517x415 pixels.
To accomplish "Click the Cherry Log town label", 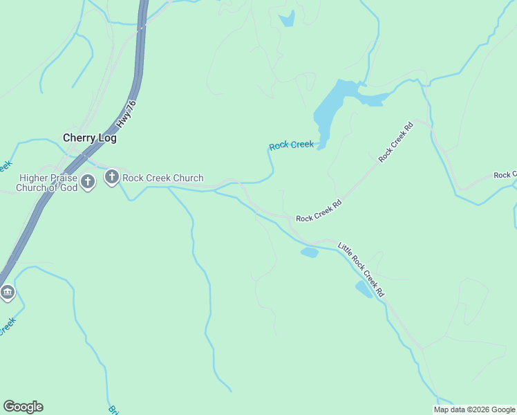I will point(90,138).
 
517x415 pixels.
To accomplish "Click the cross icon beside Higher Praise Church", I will point(87,183).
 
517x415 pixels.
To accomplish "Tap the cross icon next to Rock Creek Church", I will point(112,178).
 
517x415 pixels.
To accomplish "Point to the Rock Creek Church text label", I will point(163,178).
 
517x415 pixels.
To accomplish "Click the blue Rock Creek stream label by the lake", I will point(291,145).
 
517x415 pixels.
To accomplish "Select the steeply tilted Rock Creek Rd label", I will point(396,142).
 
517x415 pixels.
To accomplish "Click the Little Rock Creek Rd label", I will point(361,269).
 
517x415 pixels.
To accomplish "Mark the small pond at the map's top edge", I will point(288,19).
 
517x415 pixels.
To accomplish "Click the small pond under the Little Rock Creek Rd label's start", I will point(309,252).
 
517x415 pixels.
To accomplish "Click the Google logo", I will point(23,407).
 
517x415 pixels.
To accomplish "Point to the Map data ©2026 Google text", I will point(475,409).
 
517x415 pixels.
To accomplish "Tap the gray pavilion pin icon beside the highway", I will point(8,293).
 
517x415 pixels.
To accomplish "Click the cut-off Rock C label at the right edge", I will point(505,175).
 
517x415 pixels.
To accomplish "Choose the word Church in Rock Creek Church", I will point(188,178).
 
